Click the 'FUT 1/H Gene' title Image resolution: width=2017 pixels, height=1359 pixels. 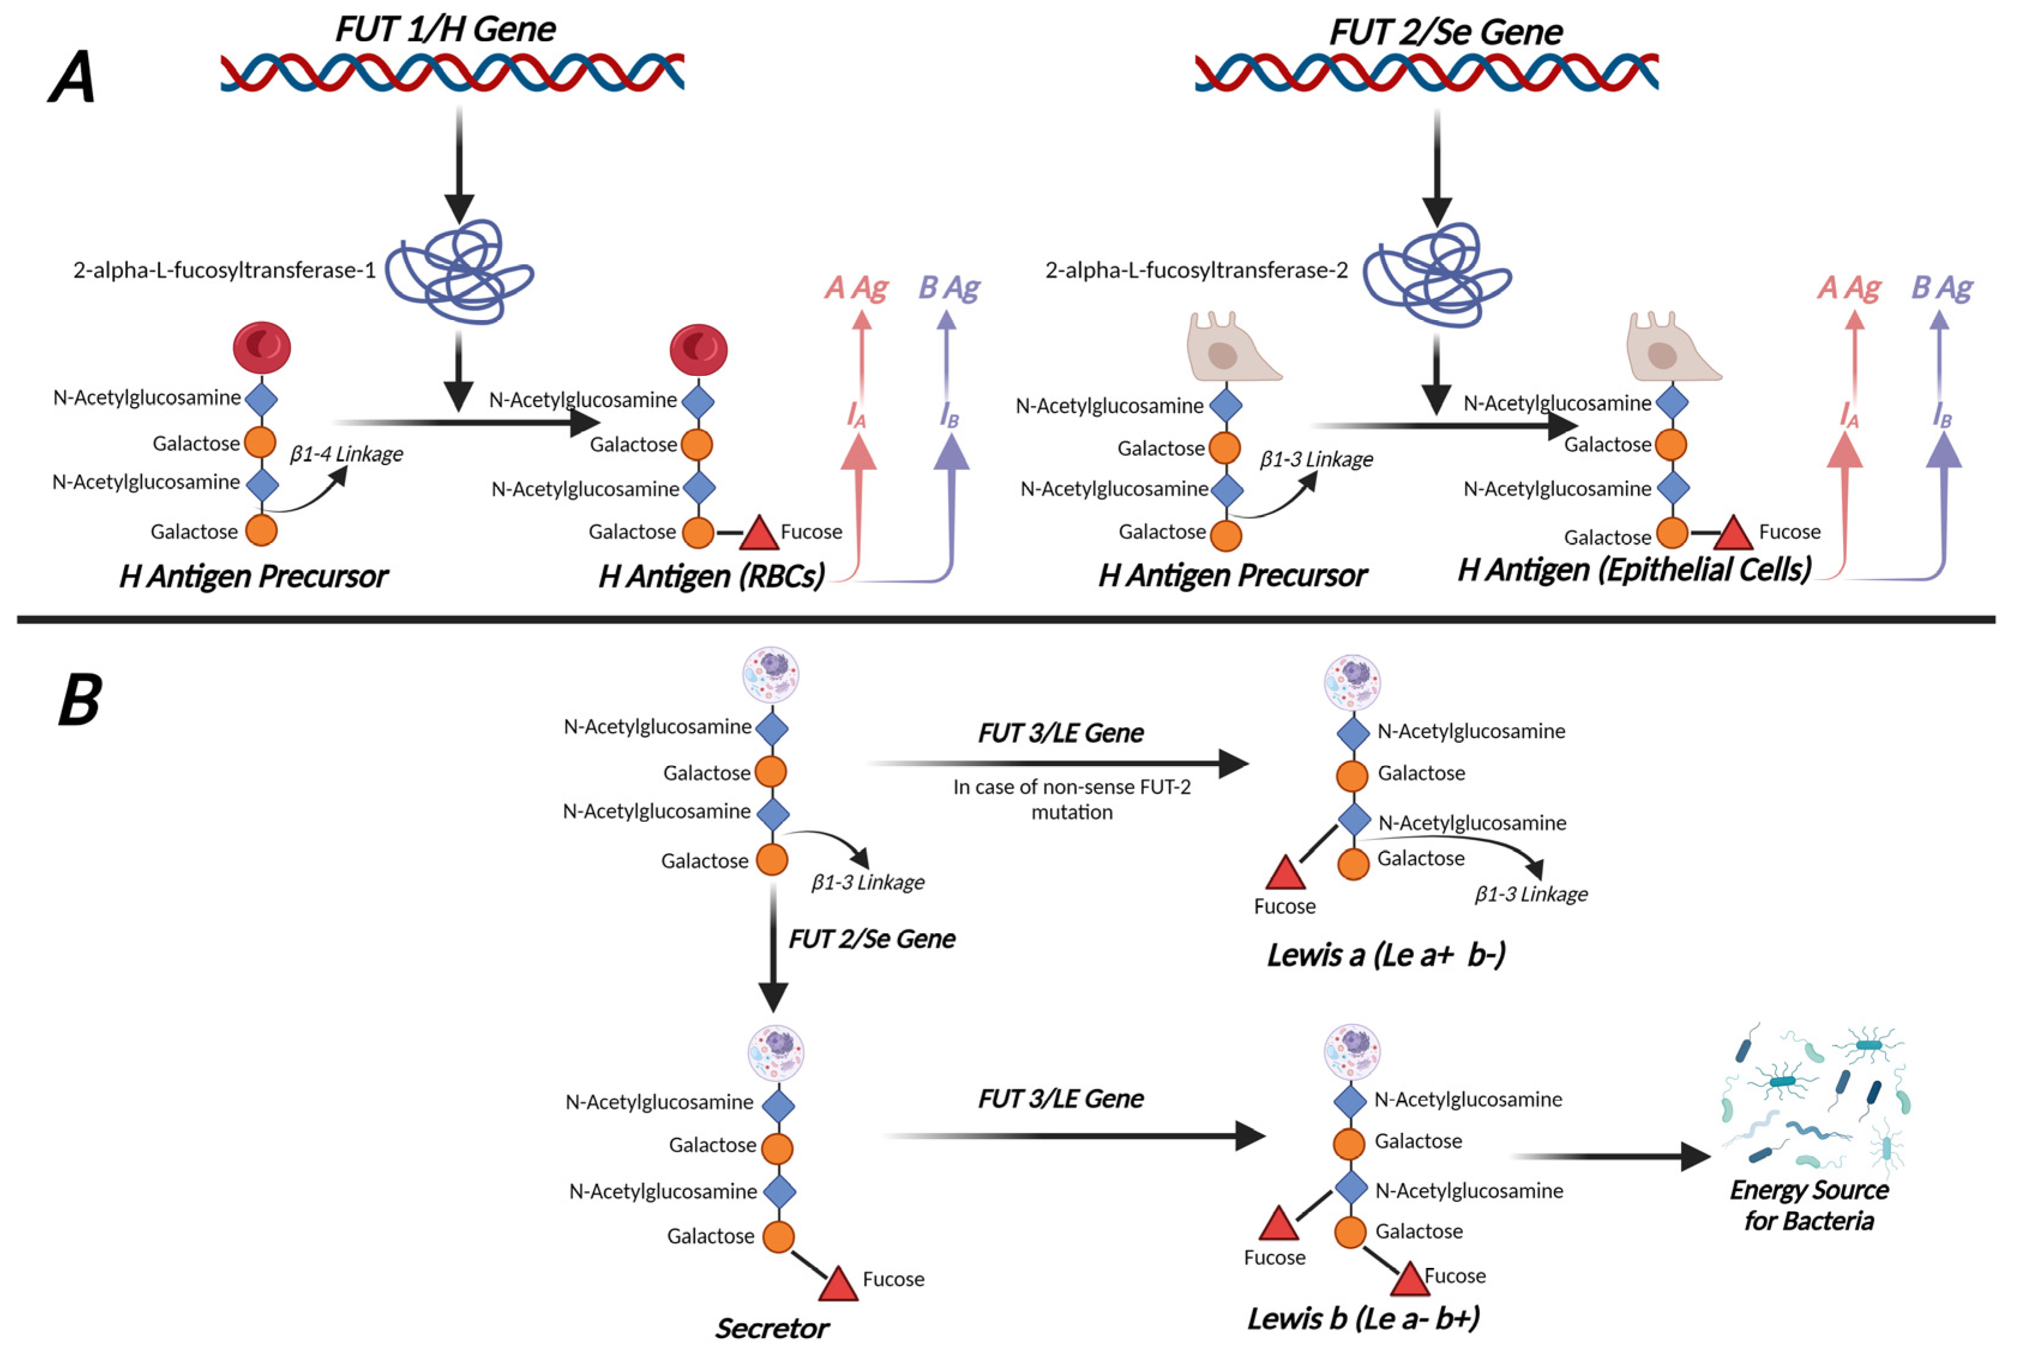click(x=445, y=29)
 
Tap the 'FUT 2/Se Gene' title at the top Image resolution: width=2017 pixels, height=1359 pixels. click(x=1445, y=32)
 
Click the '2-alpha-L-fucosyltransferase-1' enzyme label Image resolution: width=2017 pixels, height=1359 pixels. click(x=224, y=270)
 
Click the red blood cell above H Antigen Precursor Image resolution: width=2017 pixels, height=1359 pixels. click(x=262, y=348)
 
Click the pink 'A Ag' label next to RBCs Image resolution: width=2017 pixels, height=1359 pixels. click(x=856, y=288)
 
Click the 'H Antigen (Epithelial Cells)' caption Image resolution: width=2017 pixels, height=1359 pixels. click(x=1634, y=569)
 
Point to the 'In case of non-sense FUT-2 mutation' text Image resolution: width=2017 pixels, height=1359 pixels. click(x=1071, y=799)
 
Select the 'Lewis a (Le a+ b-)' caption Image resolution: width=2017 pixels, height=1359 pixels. click(x=1385, y=954)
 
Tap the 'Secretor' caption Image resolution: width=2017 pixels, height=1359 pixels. click(x=772, y=1328)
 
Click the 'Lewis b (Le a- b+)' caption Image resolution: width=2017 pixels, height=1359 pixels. click(x=1363, y=1318)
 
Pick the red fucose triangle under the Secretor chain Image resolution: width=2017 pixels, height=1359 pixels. click(x=837, y=1285)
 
